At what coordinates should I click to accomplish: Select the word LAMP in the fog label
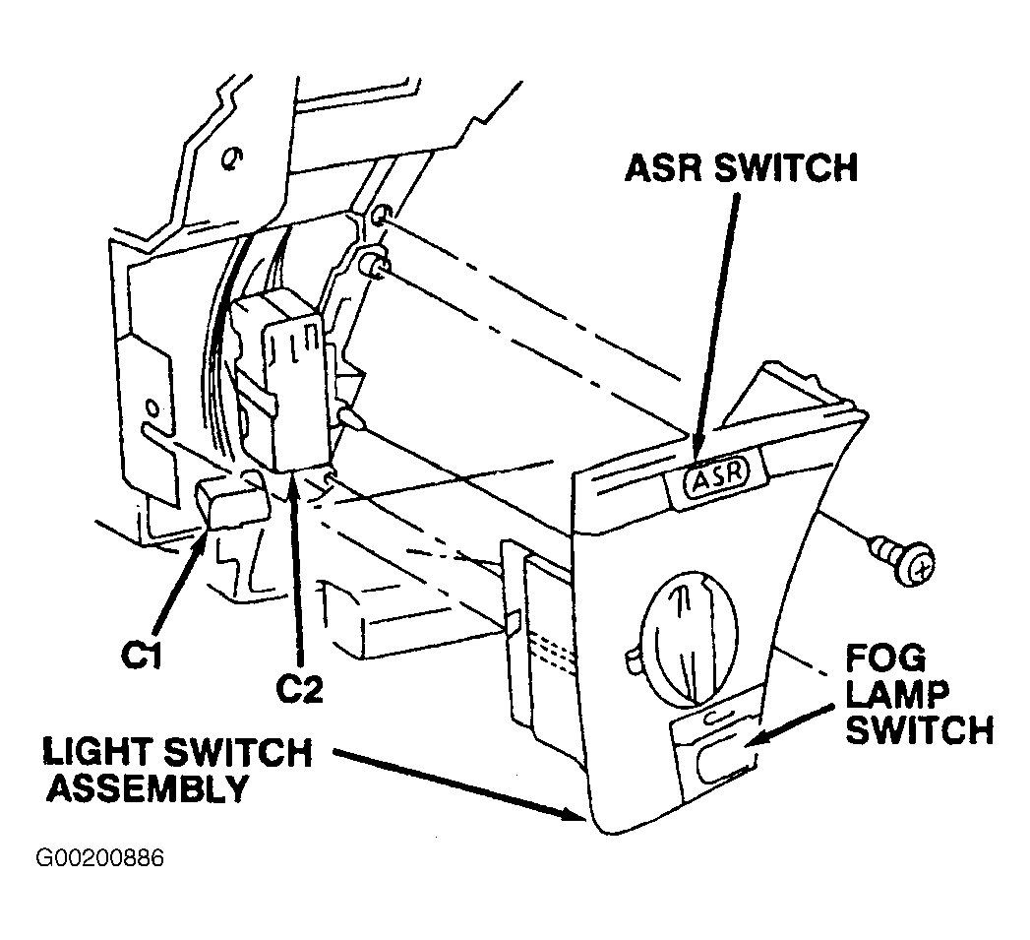tap(896, 694)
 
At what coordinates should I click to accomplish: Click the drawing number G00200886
tap(99, 858)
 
